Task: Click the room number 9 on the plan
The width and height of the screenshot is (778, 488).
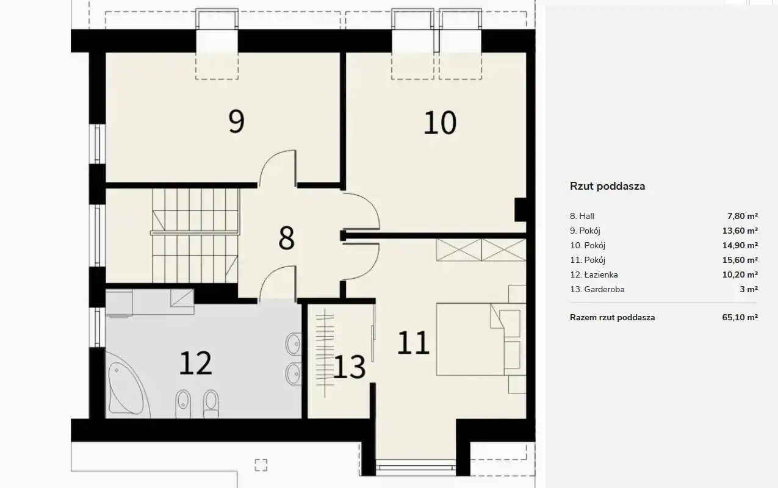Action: click(237, 121)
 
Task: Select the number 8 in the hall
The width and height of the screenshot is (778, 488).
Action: click(287, 238)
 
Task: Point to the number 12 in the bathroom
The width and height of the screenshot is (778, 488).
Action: click(195, 363)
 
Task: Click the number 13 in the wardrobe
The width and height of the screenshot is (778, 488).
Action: click(350, 367)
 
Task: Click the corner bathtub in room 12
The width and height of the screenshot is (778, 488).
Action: click(127, 386)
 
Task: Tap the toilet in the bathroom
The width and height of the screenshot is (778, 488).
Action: click(211, 404)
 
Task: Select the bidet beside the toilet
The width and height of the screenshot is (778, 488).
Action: click(183, 404)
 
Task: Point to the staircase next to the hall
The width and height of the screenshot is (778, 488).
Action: click(195, 236)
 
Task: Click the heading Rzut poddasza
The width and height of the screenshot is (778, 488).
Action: click(608, 186)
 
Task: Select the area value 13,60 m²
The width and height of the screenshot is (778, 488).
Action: click(740, 231)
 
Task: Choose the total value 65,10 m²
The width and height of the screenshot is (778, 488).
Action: click(740, 317)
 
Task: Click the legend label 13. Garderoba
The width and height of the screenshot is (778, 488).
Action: click(597, 289)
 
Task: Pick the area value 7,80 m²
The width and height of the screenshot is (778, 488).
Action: click(743, 216)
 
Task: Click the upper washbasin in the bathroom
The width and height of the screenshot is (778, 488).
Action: click(294, 344)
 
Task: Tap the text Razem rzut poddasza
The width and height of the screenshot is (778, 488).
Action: click(612, 317)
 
